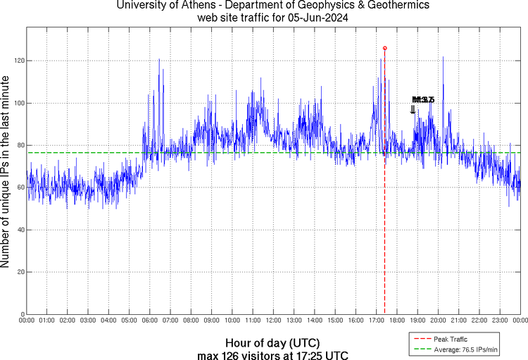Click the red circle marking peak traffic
point(384,48)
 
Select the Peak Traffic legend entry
point(450,340)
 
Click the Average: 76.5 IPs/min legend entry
point(464,349)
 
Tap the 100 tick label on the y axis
point(19,103)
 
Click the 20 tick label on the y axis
point(20,272)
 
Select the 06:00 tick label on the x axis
point(150,321)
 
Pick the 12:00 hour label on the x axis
point(273,321)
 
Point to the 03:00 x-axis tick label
point(89,321)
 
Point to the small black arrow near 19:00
point(413,109)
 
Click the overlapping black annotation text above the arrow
point(423,100)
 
